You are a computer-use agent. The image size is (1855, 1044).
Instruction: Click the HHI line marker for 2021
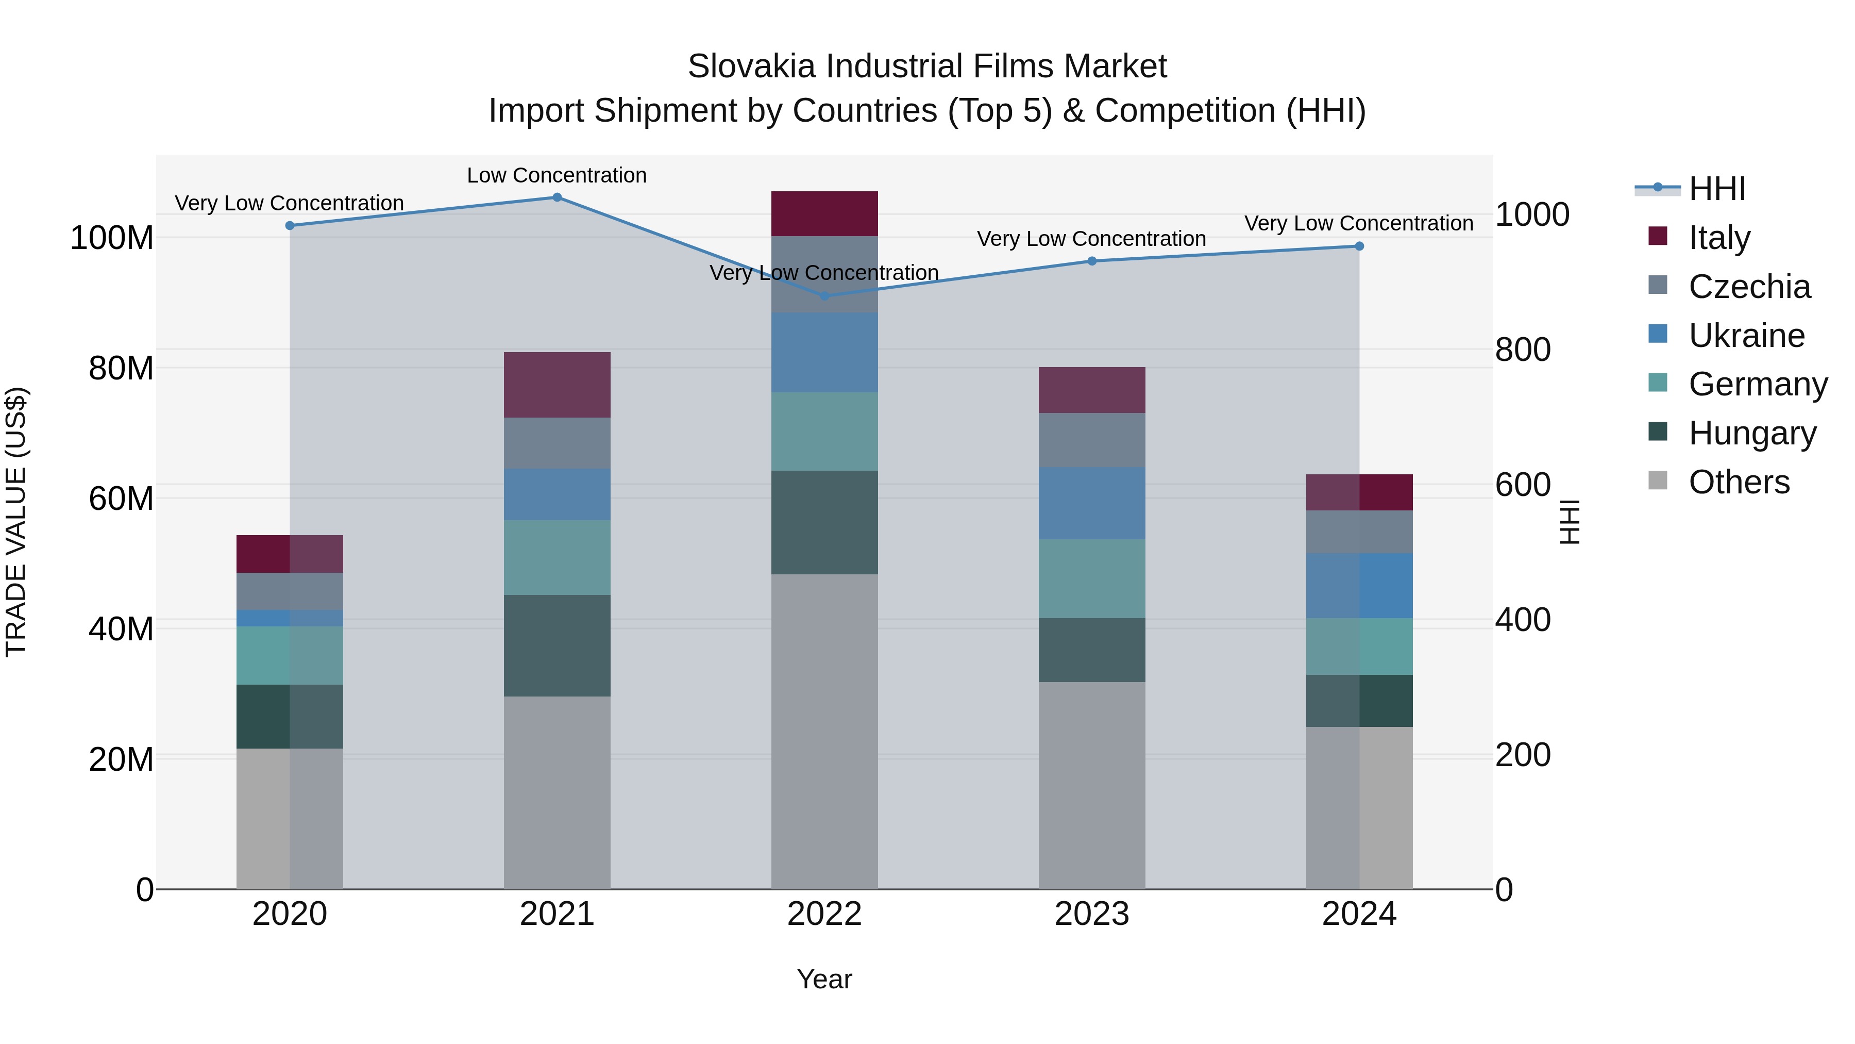tap(556, 197)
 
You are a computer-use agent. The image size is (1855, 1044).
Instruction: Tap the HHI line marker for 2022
tap(824, 296)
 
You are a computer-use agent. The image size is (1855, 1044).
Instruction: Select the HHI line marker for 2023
tap(1092, 261)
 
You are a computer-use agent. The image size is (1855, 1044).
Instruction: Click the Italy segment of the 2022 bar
tap(824, 214)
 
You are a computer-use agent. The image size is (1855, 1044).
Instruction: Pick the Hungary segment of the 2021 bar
tap(556, 645)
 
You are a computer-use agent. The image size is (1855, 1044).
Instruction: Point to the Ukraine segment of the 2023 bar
tap(1092, 503)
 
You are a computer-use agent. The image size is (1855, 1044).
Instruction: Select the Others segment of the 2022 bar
tap(824, 731)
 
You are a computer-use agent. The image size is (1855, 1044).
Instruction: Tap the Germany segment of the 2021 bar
tap(556, 558)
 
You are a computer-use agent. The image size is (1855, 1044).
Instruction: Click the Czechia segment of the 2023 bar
tap(1092, 440)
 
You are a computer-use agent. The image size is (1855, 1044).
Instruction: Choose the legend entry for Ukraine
tap(1746, 336)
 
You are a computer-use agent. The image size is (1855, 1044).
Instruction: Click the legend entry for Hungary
tap(1752, 433)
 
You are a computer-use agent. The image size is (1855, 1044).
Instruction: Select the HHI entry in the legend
tap(1717, 189)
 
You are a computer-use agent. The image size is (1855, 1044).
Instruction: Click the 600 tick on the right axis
tap(1522, 485)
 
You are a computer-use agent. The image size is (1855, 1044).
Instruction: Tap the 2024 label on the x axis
tap(1359, 914)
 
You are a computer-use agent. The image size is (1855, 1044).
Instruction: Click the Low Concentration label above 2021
tap(556, 176)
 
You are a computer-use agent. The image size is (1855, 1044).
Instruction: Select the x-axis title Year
tap(824, 979)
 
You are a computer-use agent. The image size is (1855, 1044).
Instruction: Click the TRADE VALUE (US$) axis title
tap(16, 522)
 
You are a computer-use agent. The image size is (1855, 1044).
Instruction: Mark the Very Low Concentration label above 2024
tap(1359, 223)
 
